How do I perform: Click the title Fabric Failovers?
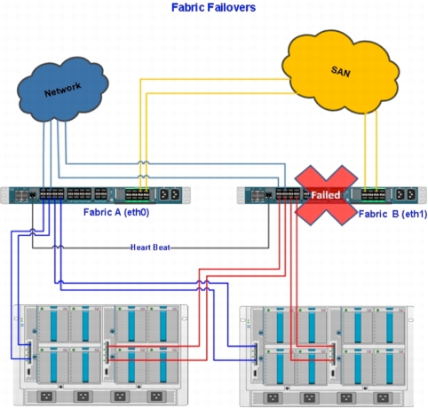tap(213, 7)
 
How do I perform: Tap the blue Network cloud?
tap(63, 90)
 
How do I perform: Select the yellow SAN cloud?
tap(340, 72)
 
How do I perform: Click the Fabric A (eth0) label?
tap(116, 212)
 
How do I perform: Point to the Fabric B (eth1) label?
tap(392, 214)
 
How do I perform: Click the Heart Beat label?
tap(150, 248)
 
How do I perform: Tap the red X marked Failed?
tap(326, 195)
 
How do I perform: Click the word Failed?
tap(326, 195)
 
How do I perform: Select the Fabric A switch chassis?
tap(95, 195)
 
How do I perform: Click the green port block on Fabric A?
tap(138, 195)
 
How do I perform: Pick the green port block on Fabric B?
tap(374, 195)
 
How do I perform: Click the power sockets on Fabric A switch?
tap(170, 194)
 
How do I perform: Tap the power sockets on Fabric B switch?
tap(406, 194)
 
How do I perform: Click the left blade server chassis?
tap(100, 355)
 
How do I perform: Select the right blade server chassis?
tap(327, 357)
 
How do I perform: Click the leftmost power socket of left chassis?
tap(46, 397)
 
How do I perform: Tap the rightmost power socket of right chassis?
tap(382, 397)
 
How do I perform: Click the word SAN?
tap(341, 71)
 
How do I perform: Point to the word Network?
tap(63, 90)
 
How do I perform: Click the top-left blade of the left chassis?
tap(53, 324)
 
